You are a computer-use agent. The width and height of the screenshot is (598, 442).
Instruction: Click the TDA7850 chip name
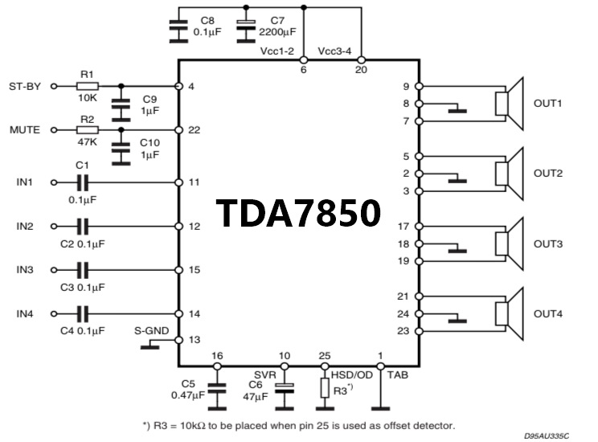point(298,213)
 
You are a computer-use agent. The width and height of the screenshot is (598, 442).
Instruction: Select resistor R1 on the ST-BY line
point(88,86)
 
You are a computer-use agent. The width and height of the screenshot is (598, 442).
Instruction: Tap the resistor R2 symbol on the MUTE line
point(88,130)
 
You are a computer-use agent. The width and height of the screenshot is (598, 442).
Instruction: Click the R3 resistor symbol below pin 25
point(325,388)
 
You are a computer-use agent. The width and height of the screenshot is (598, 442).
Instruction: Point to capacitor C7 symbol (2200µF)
point(246,31)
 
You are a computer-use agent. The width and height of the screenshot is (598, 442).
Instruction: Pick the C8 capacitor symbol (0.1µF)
point(178,31)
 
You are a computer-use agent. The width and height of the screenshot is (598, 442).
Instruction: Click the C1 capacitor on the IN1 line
point(82,182)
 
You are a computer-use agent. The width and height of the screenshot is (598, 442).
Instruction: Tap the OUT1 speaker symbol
point(509,104)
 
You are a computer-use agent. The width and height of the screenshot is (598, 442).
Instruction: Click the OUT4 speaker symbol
point(509,314)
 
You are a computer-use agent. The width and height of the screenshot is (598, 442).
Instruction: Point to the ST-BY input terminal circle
point(54,87)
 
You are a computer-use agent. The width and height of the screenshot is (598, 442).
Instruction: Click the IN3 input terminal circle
point(54,270)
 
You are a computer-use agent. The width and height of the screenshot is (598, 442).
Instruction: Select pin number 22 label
point(195,130)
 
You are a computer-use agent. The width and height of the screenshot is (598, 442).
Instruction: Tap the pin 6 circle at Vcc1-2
point(304,60)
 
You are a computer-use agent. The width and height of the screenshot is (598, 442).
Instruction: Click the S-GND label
point(151,330)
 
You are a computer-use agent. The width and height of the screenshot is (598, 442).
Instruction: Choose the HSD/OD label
point(351,375)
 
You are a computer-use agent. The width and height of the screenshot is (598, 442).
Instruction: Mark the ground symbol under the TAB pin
point(380,408)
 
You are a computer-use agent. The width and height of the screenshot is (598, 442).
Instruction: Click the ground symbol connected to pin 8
point(457,111)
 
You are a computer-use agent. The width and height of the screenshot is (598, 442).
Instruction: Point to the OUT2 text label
point(548,174)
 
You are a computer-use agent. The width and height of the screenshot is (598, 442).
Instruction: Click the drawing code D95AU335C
point(546,436)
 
